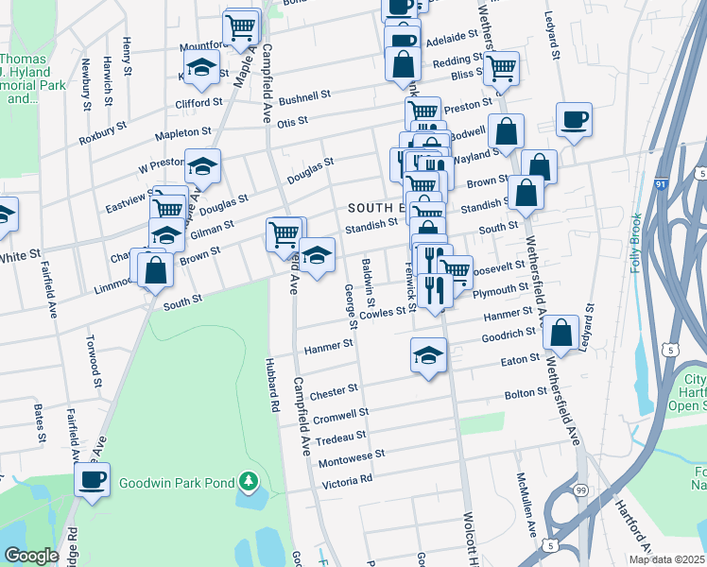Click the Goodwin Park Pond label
point(176,483)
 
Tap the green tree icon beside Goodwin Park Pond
point(249,482)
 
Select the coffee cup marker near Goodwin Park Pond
point(92,479)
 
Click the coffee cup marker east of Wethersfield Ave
point(574,120)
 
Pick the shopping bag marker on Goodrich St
point(561,333)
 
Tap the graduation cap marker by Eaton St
point(428,356)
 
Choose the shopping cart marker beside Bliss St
point(501,67)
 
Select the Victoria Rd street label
point(347,480)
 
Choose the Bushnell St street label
point(303,95)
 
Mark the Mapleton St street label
point(184,133)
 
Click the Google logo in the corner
point(31,556)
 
